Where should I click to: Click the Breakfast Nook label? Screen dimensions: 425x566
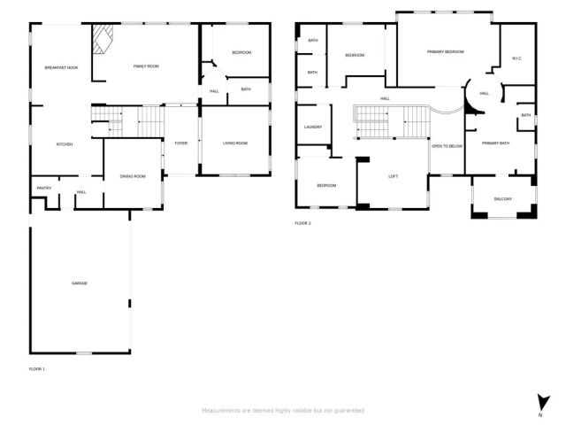pos(62,67)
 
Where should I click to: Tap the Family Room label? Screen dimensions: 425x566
pos(146,66)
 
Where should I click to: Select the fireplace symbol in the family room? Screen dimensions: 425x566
pos(103,40)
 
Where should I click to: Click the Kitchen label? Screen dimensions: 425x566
pos(65,144)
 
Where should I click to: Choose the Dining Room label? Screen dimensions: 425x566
pos(133,176)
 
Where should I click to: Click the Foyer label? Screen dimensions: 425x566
pos(180,143)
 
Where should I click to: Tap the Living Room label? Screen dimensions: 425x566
pos(234,143)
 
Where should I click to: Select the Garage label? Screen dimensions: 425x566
pos(80,282)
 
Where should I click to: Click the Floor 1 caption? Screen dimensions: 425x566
pos(36,368)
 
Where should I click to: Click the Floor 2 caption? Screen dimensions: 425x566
pos(302,223)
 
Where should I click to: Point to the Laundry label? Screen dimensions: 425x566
pos(312,127)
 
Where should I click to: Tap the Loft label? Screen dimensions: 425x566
pos(394,176)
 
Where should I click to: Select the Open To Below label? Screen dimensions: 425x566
pos(447,145)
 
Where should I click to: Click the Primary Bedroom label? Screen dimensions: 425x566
pos(446,52)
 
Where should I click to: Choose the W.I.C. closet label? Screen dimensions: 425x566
pos(516,59)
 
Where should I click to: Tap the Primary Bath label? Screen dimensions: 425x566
pos(495,143)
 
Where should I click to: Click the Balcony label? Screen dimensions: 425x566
pos(502,198)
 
